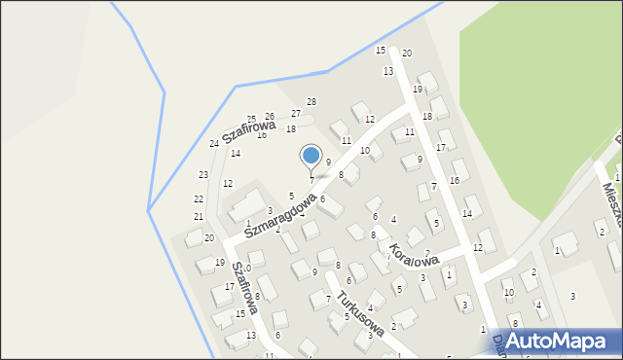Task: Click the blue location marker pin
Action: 311,156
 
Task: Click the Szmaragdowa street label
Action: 280,214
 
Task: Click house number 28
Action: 311,102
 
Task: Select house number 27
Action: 296,114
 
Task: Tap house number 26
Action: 270,117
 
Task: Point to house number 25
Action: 251,120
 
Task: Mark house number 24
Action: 214,144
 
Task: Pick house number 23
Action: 203,175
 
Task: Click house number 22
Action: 199,198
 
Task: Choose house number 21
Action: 199,216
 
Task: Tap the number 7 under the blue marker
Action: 311,180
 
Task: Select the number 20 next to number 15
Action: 407,53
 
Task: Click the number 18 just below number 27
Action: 290,129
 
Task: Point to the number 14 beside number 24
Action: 236,153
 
